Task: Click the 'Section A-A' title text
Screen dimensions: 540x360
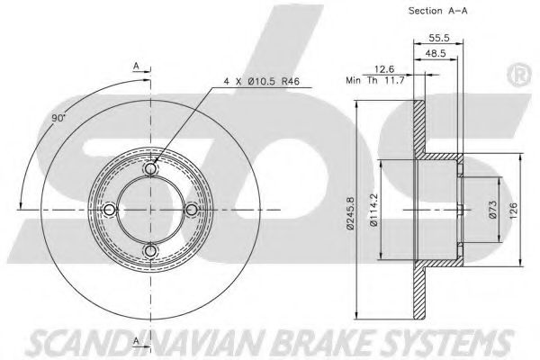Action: tap(437, 11)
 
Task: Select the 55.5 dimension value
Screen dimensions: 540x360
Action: tap(439, 38)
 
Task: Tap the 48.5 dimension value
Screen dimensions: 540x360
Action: tap(436, 53)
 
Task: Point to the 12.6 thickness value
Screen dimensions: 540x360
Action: tap(384, 69)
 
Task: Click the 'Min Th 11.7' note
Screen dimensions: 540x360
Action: tap(374, 81)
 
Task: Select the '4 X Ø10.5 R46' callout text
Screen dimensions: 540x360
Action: tap(261, 81)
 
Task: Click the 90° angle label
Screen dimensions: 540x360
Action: tap(58, 118)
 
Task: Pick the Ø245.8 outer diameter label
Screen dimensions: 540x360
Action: tap(350, 212)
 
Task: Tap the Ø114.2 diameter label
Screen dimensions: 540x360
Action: tap(374, 210)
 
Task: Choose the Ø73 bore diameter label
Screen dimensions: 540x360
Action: tap(493, 210)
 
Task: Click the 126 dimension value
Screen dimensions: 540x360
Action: tap(513, 210)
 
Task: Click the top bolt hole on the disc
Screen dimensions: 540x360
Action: tap(150, 168)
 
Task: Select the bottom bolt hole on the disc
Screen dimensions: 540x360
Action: tap(150, 251)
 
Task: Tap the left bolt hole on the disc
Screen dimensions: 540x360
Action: tap(109, 210)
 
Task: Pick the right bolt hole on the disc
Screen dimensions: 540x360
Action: tap(192, 210)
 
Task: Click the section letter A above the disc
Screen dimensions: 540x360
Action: tap(137, 66)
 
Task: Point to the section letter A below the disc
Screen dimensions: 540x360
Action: tap(137, 341)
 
